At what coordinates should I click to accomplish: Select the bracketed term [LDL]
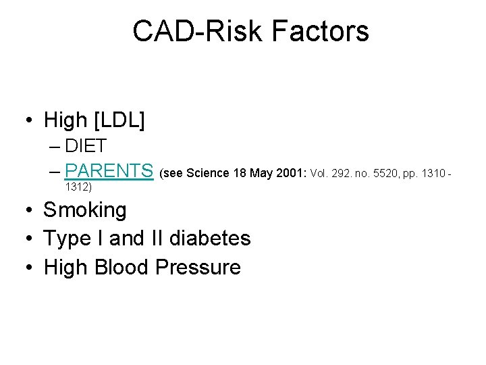pyautogui.click(x=120, y=120)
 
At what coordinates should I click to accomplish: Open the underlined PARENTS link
pyautogui.click(x=109, y=171)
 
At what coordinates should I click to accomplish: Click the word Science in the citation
pyautogui.click(x=208, y=173)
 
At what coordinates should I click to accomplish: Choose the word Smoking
pyautogui.click(x=85, y=210)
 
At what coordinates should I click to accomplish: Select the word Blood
pyautogui.click(x=123, y=267)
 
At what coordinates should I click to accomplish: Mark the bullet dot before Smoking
pyautogui.click(x=30, y=211)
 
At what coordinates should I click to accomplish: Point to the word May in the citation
pyautogui.click(x=261, y=173)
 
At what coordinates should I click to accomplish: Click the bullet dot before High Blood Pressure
pyautogui.click(x=30, y=268)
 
